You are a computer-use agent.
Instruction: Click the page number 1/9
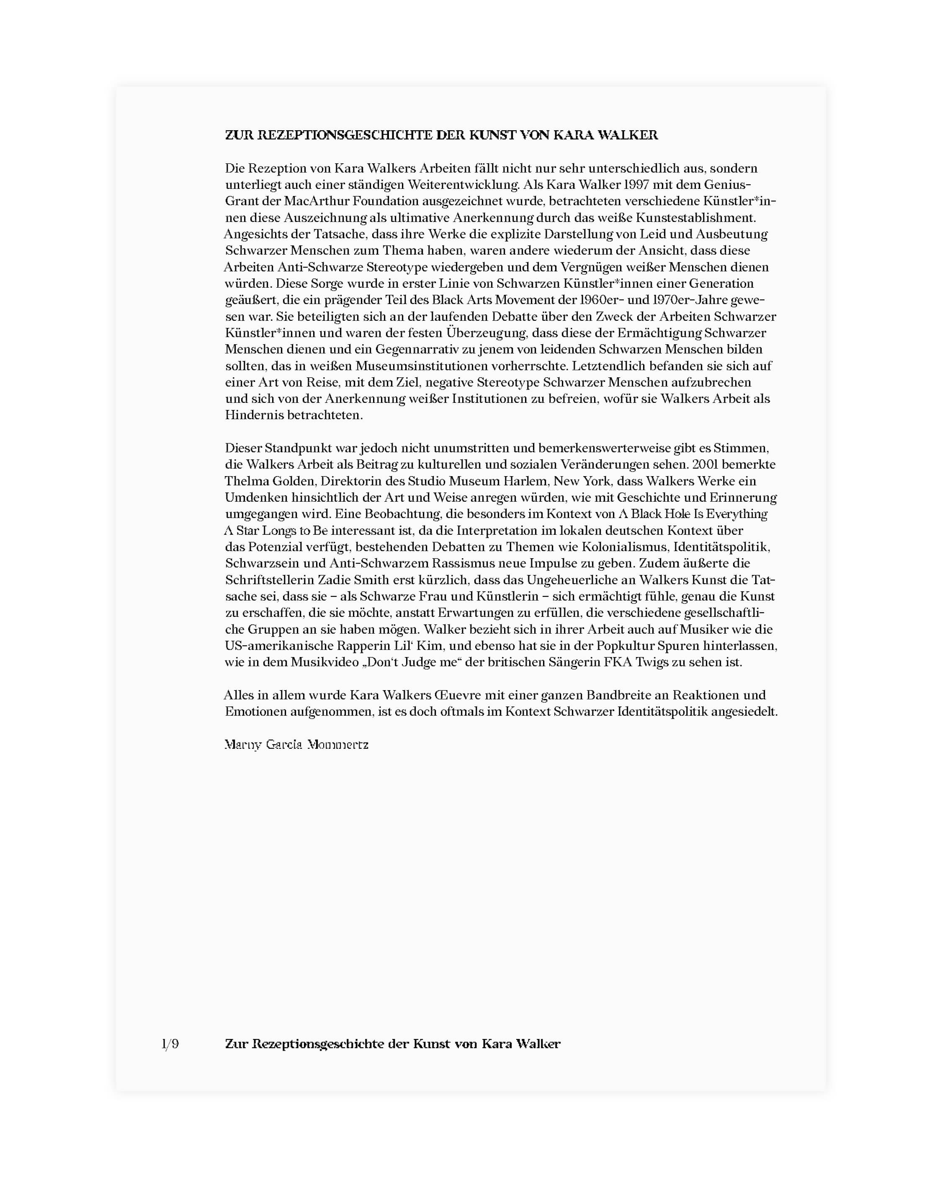[x=170, y=1044]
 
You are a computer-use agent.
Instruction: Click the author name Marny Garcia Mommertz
[x=297, y=745]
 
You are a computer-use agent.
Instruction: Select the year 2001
[x=707, y=464]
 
